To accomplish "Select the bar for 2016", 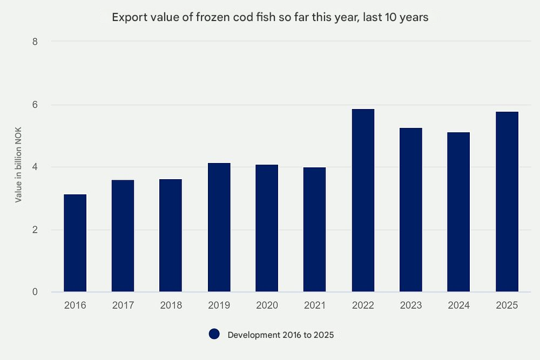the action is coord(75,243).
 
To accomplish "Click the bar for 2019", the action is coord(219,227).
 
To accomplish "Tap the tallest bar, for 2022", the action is coord(363,200).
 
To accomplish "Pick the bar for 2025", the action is coord(507,202).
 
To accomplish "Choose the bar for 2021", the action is coord(314,229).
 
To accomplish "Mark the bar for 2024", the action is coord(458,212).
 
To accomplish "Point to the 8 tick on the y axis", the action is coord(35,42).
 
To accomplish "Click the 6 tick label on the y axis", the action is coord(35,105).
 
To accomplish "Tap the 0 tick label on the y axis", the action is coord(35,292).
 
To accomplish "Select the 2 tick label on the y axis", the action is coord(35,229).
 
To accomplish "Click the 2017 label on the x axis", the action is coord(123,305).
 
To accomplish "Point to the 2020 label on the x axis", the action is coord(267,305).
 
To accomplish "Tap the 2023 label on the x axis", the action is coord(411,305).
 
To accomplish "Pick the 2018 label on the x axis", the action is coord(171,305).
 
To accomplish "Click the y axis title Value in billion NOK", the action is coord(18,165).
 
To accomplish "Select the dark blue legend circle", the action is coord(214,334).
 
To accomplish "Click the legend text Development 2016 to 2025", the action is coord(281,335).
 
